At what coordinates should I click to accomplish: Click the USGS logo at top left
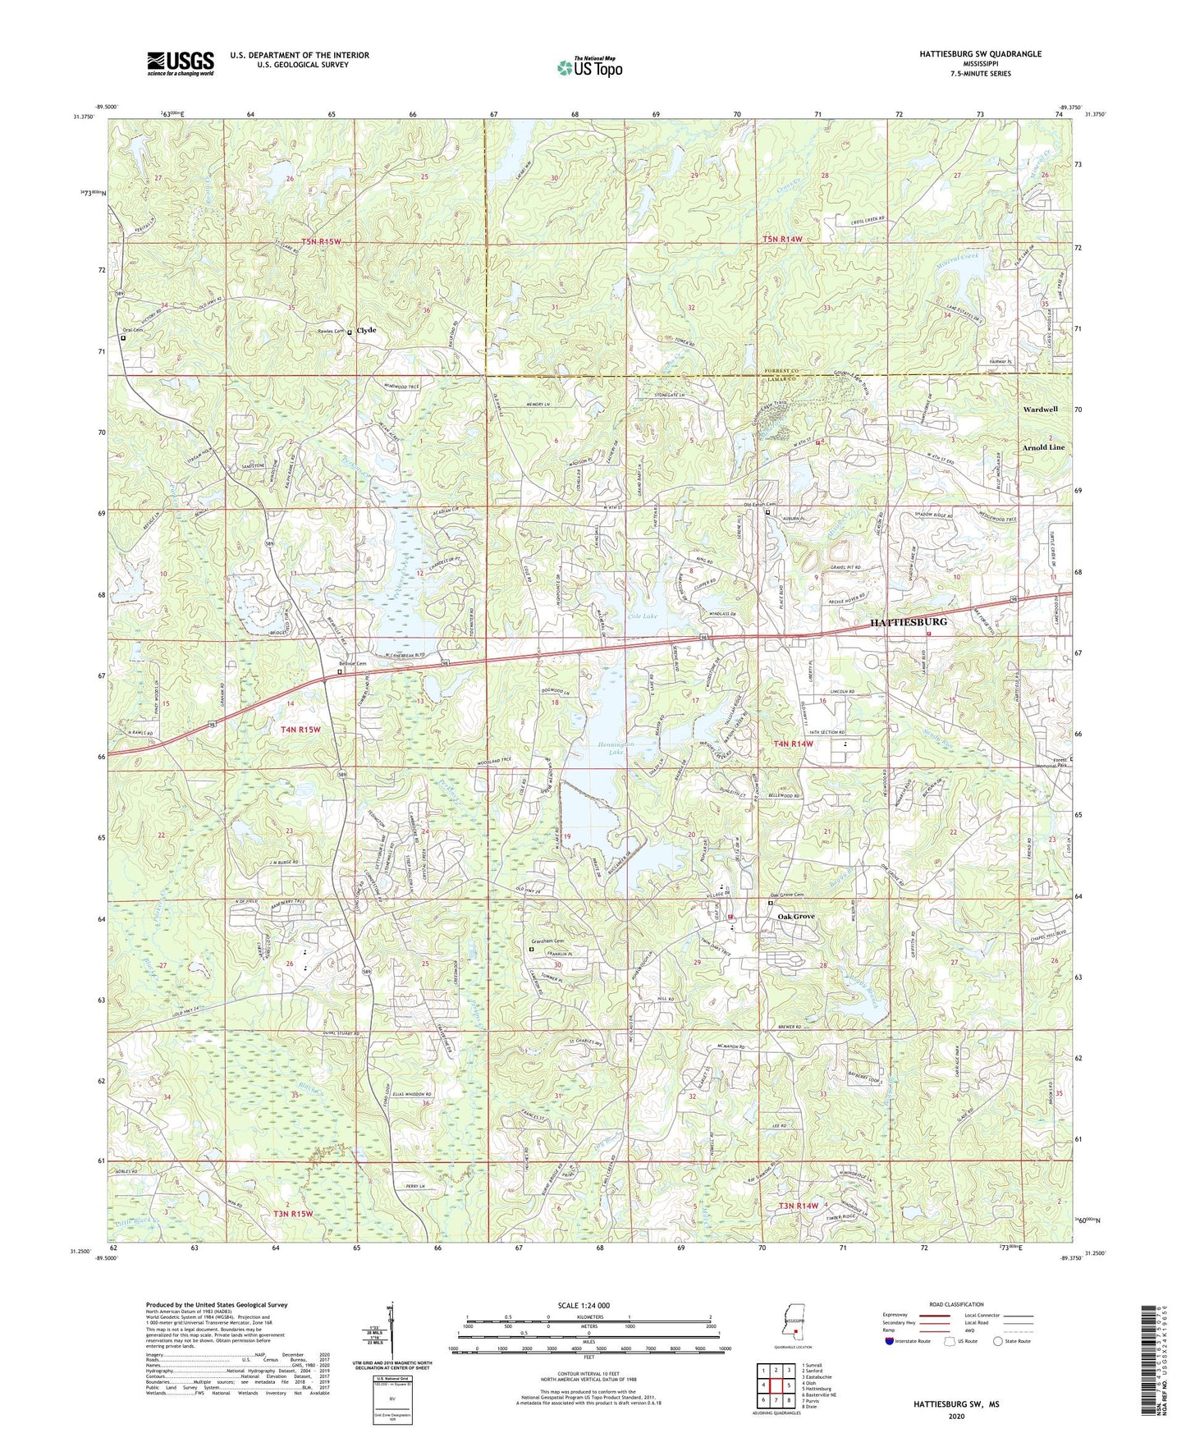pyautogui.click(x=180, y=63)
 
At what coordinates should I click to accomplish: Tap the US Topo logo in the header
pyautogui.click(x=589, y=67)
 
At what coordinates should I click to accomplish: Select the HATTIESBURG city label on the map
pyautogui.click(x=908, y=622)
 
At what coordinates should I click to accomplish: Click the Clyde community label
pyautogui.click(x=366, y=330)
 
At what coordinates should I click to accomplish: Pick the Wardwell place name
pyautogui.click(x=1040, y=409)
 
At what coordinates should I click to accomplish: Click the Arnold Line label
pyautogui.click(x=1042, y=447)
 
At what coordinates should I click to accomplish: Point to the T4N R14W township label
pyautogui.click(x=794, y=744)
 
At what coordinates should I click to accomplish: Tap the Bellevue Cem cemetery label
pyautogui.click(x=343, y=665)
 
